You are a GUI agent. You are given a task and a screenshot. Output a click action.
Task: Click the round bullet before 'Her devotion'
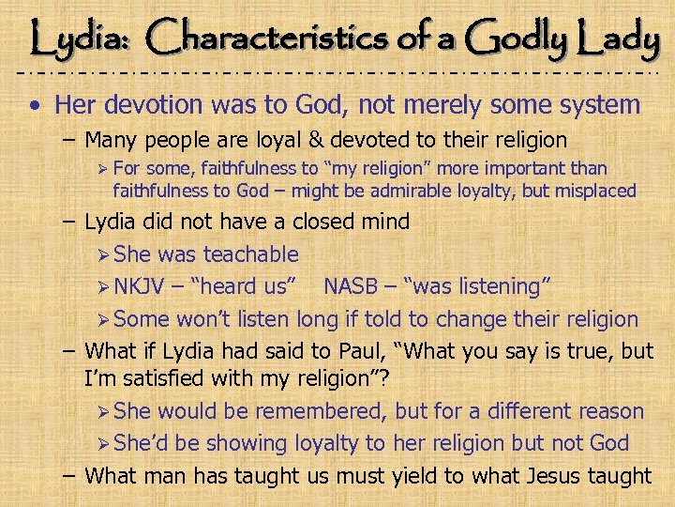click(35, 105)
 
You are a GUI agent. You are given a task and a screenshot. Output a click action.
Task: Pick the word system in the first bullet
click(592, 105)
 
